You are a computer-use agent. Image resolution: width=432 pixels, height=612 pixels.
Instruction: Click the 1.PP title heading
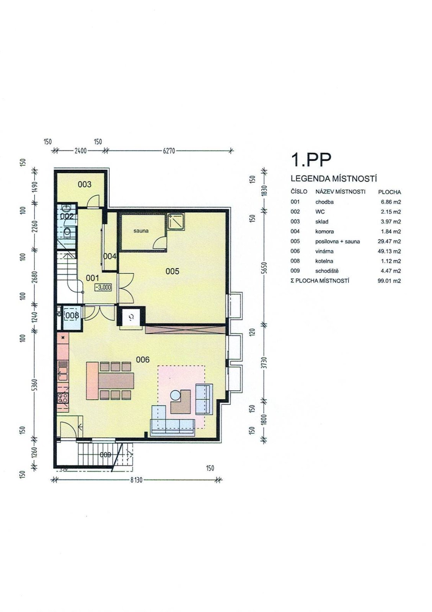311,160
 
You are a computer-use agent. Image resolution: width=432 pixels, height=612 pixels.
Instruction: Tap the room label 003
85,184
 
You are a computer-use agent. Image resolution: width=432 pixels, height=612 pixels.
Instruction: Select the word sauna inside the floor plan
141,231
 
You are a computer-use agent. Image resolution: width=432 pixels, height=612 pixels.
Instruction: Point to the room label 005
173,271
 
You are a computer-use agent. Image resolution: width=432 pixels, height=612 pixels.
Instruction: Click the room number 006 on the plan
143,360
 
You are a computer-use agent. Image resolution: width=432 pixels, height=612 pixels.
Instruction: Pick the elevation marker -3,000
103,287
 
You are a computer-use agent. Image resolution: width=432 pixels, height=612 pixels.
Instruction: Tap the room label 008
72,316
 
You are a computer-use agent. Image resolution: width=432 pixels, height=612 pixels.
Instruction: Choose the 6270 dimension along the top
169,151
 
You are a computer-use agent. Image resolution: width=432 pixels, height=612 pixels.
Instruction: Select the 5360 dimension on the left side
35,385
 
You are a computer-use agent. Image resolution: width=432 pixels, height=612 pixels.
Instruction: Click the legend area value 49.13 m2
389,251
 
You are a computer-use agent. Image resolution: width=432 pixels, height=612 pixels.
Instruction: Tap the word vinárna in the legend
324,251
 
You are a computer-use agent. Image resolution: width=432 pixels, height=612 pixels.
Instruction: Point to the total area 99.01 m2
389,281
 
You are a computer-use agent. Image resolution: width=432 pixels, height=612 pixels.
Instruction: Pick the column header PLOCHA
390,192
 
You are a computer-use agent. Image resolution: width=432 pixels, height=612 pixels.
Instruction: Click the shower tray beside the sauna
175,221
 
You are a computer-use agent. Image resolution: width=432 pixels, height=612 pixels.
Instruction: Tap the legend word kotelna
324,261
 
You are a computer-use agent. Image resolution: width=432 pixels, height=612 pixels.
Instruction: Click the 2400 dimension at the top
80,151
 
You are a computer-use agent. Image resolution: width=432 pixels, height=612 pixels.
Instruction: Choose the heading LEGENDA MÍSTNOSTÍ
334,179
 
